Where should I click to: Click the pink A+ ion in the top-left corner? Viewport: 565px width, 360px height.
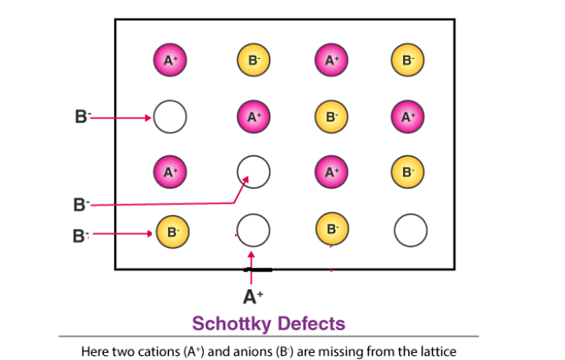(x=170, y=60)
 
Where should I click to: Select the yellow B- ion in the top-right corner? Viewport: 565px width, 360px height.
(x=408, y=60)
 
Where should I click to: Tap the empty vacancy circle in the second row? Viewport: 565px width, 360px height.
(x=170, y=117)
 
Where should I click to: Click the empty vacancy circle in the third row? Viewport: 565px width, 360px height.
(x=253, y=172)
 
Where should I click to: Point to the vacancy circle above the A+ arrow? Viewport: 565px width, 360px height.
(x=253, y=231)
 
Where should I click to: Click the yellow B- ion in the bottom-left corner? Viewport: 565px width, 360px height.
(x=171, y=231)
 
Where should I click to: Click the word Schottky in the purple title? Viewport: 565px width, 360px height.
(x=231, y=324)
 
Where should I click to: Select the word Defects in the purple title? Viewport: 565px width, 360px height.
(x=311, y=324)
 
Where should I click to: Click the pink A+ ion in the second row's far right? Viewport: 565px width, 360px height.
(x=408, y=117)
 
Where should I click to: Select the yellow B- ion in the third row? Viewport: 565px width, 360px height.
(x=408, y=172)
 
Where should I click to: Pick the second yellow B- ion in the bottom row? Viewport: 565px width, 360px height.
(x=331, y=231)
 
